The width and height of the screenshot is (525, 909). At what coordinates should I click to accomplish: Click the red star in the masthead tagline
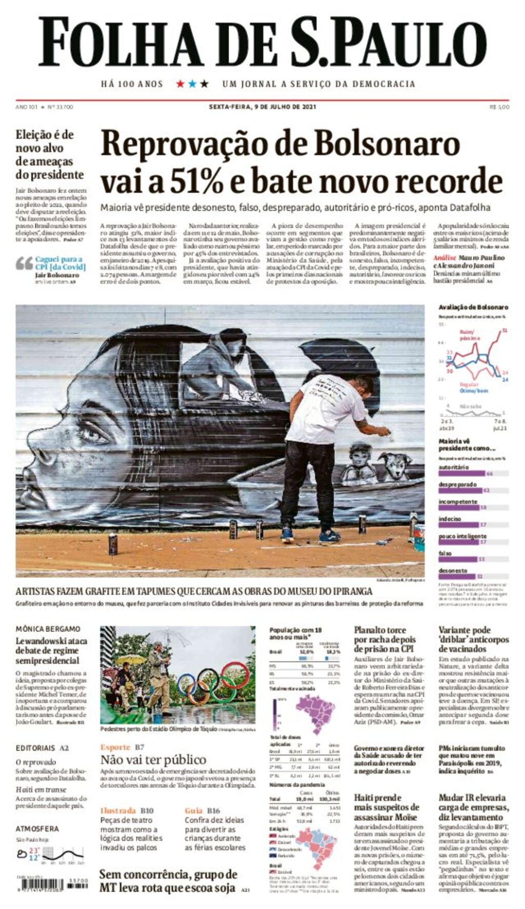pyautogui.click(x=180, y=84)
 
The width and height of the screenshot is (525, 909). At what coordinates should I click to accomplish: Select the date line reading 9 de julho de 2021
pyautogui.click(x=262, y=107)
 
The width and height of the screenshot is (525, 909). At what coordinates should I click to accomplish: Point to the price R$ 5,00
pyautogui.click(x=499, y=107)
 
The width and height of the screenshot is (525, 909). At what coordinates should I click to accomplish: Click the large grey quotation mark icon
pyautogui.click(x=24, y=264)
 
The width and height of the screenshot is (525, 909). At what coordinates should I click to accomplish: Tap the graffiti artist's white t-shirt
pyautogui.click(x=325, y=408)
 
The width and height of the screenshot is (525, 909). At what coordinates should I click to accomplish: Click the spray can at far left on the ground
pyautogui.click(x=113, y=543)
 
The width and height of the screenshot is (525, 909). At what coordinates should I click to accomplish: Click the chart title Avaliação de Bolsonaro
pyautogui.click(x=473, y=307)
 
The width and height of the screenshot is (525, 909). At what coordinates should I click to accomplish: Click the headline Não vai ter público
pyautogui.click(x=153, y=759)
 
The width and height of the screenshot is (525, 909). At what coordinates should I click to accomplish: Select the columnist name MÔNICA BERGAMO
pyautogui.click(x=48, y=629)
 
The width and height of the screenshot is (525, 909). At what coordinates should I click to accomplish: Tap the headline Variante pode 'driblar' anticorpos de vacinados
pyautogui.click(x=473, y=639)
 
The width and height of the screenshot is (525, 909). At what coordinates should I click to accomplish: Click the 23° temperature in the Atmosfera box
pyautogui.click(x=34, y=850)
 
